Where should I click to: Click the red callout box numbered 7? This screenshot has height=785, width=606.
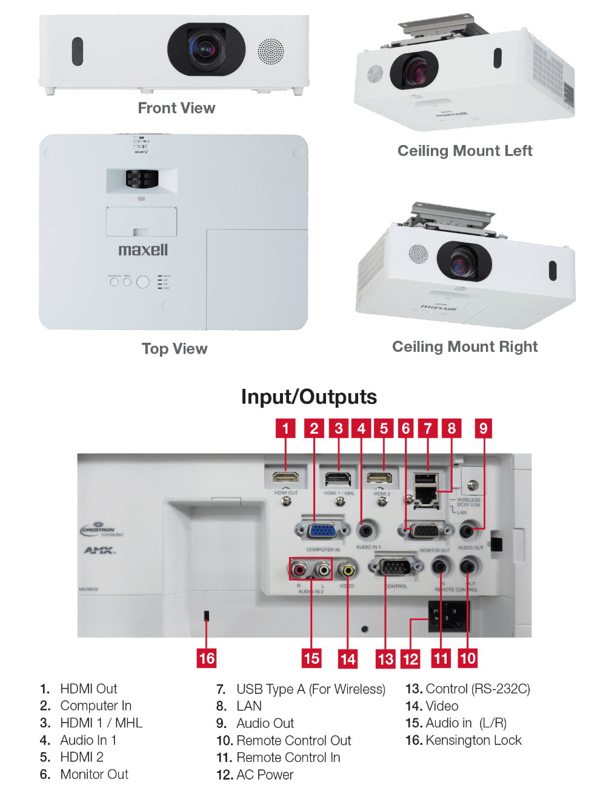coord(428,429)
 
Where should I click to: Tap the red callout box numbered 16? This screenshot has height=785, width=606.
coord(207,658)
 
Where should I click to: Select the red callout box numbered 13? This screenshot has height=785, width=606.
coord(385,659)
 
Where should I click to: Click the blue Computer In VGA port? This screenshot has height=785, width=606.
coord(322,531)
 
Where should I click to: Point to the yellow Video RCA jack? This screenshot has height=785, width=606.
coord(347,570)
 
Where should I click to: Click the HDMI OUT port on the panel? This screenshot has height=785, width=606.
coord(285,477)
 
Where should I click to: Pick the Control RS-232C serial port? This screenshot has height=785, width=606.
coord(396,568)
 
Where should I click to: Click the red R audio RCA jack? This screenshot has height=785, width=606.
coord(299,570)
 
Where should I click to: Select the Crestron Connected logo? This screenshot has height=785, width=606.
coord(102,531)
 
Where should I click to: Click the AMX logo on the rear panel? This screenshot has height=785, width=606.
coord(99,551)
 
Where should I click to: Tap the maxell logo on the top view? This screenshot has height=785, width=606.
coord(143,250)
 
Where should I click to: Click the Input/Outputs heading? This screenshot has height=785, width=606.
coord(308,397)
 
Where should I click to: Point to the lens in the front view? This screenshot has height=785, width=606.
coord(205,50)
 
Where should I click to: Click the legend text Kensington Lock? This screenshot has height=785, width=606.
coord(473,740)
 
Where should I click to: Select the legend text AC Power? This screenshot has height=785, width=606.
coord(265,775)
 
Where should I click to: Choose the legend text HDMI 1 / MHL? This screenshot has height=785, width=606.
coord(101,723)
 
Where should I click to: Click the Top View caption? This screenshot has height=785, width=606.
coord(175,349)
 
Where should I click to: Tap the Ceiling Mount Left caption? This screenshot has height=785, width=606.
coord(465,151)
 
